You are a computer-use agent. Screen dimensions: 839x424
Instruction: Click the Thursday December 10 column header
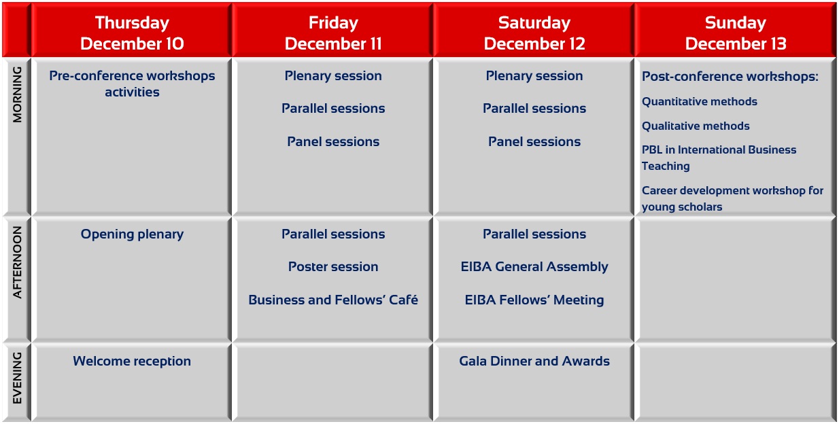pyautogui.click(x=132, y=33)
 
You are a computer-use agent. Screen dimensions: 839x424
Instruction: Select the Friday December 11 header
pyautogui.click(x=333, y=33)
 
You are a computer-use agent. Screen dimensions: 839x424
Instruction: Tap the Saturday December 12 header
pyautogui.click(x=534, y=33)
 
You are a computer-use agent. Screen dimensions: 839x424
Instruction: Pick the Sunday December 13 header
pyautogui.click(x=735, y=33)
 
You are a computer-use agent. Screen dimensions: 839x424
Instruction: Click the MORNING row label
pyautogui.click(x=17, y=94)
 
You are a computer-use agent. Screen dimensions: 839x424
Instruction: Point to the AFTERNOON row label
pyautogui.click(x=17, y=262)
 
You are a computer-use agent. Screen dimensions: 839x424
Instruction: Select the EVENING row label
pyautogui.click(x=17, y=378)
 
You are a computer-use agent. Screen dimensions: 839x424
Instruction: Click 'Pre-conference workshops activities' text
pyautogui.click(x=132, y=84)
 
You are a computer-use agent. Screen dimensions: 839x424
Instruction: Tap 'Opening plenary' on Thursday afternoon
pyautogui.click(x=132, y=234)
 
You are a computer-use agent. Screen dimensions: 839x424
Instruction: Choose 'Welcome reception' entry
pyautogui.click(x=132, y=361)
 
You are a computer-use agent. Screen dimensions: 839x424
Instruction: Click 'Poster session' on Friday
pyautogui.click(x=333, y=266)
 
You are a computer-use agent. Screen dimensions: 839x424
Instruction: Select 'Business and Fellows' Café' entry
pyautogui.click(x=333, y=300)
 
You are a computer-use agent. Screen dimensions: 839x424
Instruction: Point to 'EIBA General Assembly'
pyautogui.click(x=534, y=267)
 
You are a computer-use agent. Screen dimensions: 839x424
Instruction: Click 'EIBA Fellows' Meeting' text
pyautogui.click(x=534, y=300)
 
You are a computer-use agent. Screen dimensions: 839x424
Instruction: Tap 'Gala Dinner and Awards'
pyautogui.click(x=534, y=361)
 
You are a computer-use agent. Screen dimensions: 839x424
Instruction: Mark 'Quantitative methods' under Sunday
pyautogui.click(x=700, y=101)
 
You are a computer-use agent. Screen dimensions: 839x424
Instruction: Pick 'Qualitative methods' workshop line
pyautogui.click(x=696, y=126)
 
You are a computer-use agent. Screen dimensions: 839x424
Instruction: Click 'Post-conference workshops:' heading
pyautogui.click(x=730, y=76)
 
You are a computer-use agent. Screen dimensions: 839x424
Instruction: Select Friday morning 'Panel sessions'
pyautogui.click(x=333, y=141)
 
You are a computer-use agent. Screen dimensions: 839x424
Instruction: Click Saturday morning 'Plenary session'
pyautogui.click(x=534, y=76)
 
